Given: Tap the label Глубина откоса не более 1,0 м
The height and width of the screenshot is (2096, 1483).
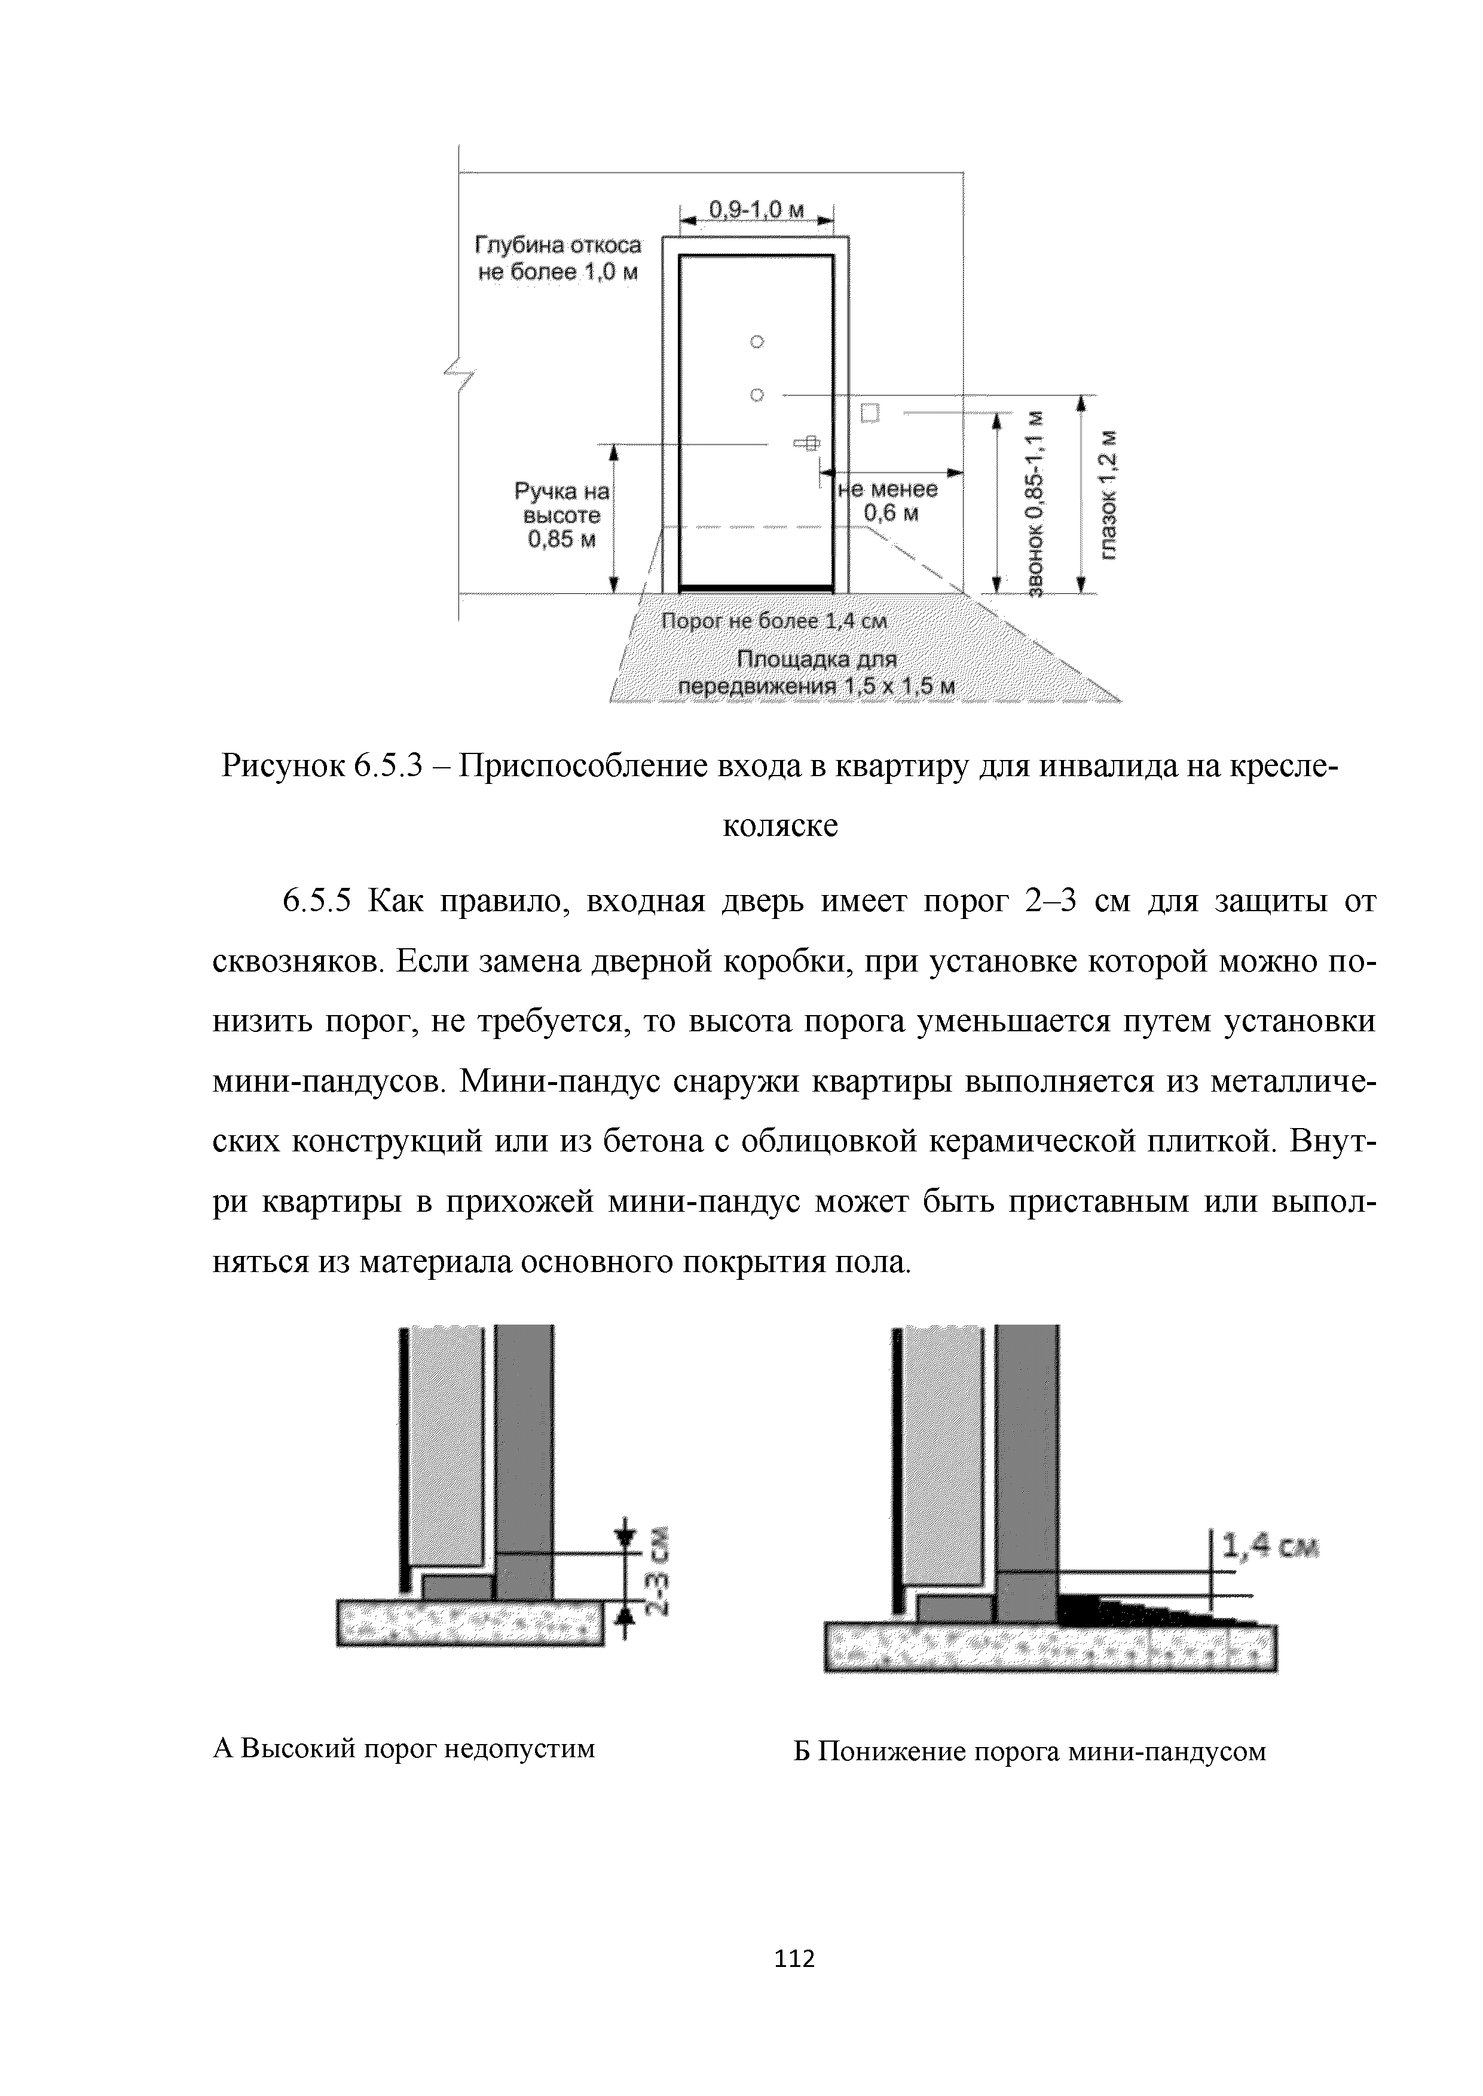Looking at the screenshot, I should [558, 259].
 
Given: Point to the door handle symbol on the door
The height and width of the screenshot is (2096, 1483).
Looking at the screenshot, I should [807, 444].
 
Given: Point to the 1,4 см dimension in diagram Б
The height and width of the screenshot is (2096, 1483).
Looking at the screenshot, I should [1270, 1546].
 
